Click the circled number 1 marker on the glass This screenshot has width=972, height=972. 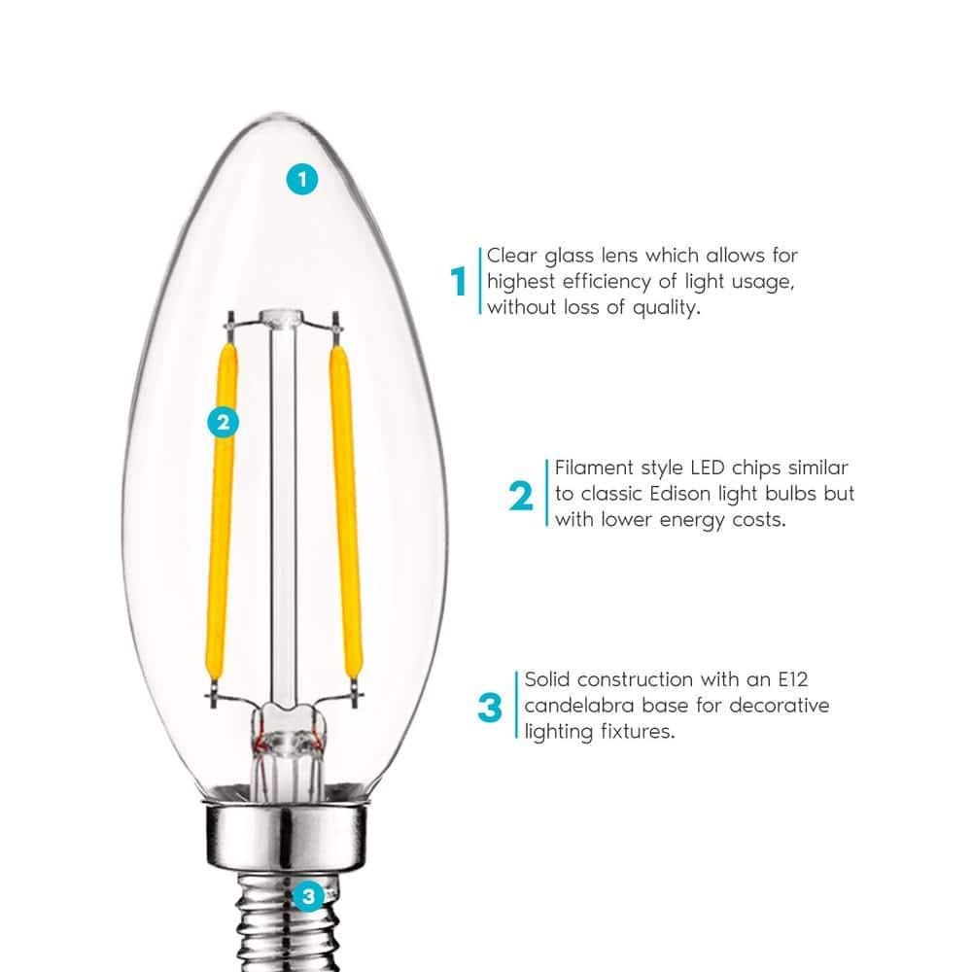pos(303,179)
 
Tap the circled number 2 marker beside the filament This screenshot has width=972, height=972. pos(224,422)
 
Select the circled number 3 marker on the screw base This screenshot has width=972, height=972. pos(308,895)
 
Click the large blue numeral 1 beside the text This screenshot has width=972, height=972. pos(459,283)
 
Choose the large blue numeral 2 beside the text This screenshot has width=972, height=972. pos(521,497)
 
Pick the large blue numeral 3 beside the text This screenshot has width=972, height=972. pos(490,708)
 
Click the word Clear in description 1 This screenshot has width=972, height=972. pos(512,256)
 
